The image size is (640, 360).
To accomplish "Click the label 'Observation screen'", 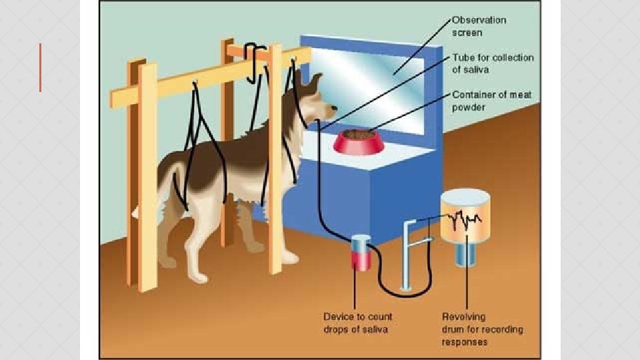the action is pyautogui.click(x=479, y=25).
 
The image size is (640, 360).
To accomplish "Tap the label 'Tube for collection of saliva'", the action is pyautogui.click(x=493, y=63).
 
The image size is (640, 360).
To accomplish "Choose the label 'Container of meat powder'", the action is pyautogui.click(x=492, y=100).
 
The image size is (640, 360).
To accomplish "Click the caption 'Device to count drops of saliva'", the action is pyautogui.click(x=357, y=323).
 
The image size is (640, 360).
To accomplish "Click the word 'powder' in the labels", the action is pyautogui.click(x=469, y=106).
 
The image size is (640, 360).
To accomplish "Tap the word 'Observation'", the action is pyautogui.click(x=479, y=19).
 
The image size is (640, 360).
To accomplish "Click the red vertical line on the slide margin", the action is pyautogui.click(x=40, y=67).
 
